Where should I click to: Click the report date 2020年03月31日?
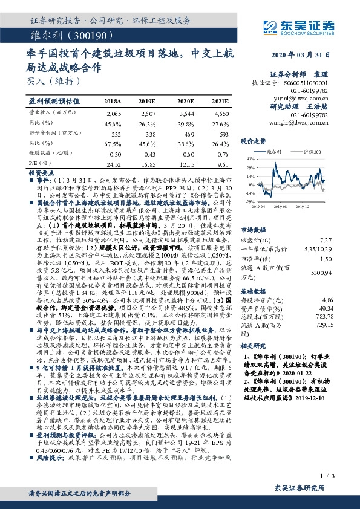click(x=303, y=55)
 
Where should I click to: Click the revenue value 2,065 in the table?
click(x=114, y=114)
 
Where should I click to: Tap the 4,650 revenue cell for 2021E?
click(x=221, y=114)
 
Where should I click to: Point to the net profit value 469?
click(x=185, y=134)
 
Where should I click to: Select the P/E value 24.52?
click(x=113, y=163)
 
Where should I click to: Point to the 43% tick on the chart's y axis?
click(x=247, y=158)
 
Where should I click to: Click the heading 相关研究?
click(x=254, y=345)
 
